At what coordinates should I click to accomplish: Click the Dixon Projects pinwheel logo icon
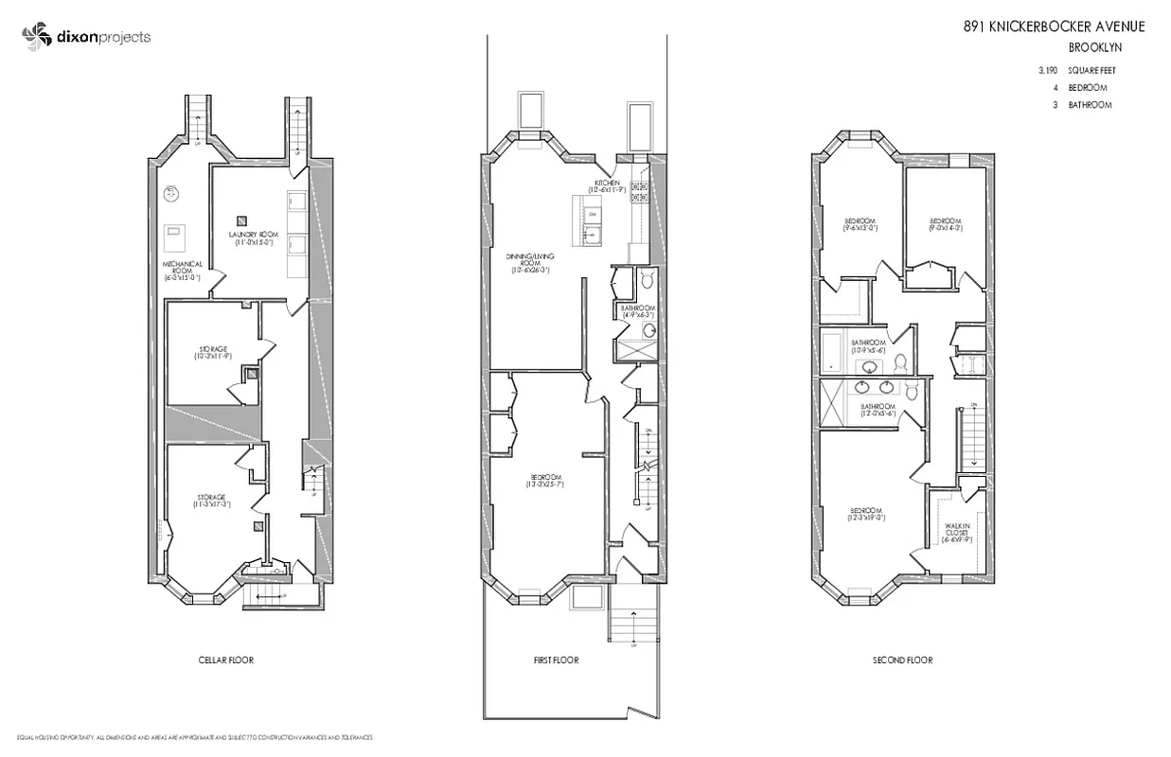coord(36,37)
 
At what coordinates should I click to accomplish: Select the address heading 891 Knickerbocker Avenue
coord(1054,26)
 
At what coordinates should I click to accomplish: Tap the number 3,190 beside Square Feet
coord(1047,71)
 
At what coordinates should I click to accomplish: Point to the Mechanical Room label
coord(182,270)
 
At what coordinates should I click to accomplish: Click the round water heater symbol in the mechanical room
coord(171,193)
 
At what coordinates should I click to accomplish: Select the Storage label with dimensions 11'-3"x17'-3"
coord(211,502)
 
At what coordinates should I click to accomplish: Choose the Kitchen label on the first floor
coord(607,185)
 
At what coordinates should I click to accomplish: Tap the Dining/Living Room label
coord(528,261)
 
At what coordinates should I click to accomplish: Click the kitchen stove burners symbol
coord(639,192)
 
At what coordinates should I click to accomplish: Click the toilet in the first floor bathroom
coord(648,279)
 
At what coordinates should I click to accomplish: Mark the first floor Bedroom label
coord(545,480)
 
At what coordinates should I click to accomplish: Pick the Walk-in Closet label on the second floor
coord(957,532)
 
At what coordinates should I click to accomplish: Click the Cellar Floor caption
coord(225,660)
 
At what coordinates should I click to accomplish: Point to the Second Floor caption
coord(902,660)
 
